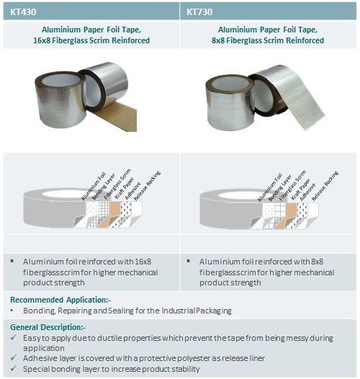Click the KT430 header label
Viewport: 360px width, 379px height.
pyautogui.click(x=23, y=12)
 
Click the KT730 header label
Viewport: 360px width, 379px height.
pyautogui.click(x=199, y=12)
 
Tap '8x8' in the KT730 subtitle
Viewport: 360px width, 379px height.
pyautogui.click(x=217, y=40)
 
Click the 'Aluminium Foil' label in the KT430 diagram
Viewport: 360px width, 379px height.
pyautogui.click(x=94, y=186)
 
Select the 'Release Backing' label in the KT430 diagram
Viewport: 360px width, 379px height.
pyautogui.click(x=147, y=186)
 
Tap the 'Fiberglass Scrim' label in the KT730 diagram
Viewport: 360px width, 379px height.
pyautogui.click(x=292, y=185)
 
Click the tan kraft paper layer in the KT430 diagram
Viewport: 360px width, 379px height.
pyautogui.click(x=112, y=213)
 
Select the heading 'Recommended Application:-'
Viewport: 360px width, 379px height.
pyautogui.click(x=60, y=300)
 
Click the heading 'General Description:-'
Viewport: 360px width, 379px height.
pyautogui.click(x=48, y=327)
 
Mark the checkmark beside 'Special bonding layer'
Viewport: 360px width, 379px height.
pyautogui.click(x=14, y=368)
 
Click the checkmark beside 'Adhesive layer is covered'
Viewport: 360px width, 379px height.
pyautogui.click(x=14, y=357)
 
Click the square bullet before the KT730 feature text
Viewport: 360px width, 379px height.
pyautogui.click(x=189, y=261)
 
